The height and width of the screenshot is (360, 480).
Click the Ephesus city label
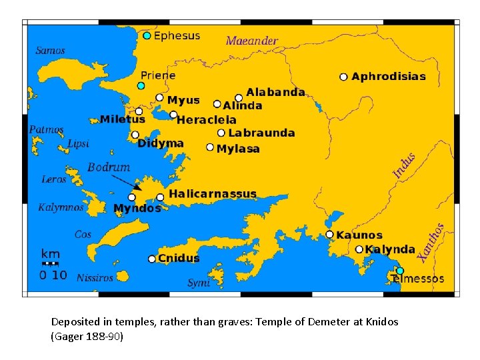(x=177, y=36)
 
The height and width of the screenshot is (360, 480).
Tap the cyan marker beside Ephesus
(x=147, y=35)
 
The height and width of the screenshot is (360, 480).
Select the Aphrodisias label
(x=389, y=77)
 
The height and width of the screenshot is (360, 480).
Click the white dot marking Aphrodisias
(x=343, y=77)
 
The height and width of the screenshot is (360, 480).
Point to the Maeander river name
(x=251, y=41)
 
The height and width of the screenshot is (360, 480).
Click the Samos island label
(x=50, y=50)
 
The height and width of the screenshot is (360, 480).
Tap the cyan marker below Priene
(x=141, y=86)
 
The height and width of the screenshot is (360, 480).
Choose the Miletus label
(x=122, y=119)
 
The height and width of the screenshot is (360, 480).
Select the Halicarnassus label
(x=213, y=194)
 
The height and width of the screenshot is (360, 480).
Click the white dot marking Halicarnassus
(x=160, y=197)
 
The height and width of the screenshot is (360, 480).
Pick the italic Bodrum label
(x=109, y=167)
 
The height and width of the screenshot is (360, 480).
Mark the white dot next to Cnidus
(x=152, y=259)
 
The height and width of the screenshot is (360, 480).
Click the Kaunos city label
(x=359, y=235)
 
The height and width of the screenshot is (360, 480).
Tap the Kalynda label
(x=390, y=249)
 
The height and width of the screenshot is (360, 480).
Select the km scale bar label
(x=50, y=254)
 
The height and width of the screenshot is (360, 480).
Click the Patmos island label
(x=47, y=129)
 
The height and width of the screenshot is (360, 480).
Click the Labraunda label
(x=261, y=133)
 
